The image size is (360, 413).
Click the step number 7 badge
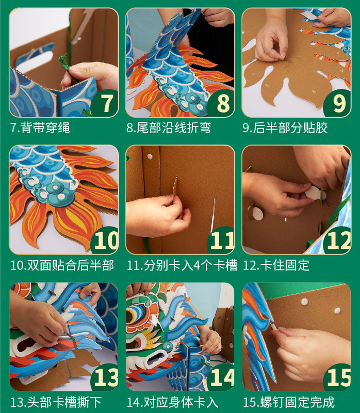[x=105, y=103]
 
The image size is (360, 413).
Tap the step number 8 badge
[x=222, y=103]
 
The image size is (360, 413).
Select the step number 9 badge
[x=338, y=103]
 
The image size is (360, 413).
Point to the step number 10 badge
[x=105, y=240]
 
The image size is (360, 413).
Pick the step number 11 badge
[x=222, y=240]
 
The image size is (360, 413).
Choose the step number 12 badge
[x=338, y=240]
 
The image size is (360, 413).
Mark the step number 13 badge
[x=105, y=377]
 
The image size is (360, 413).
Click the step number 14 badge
[x=222, y=377]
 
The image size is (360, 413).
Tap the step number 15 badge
[x=338, y=377]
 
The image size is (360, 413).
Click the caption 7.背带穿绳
[x=40, y=128]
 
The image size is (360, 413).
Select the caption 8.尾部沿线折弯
[x=169, y=128]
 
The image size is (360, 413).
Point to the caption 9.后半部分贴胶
[x=285, y=128]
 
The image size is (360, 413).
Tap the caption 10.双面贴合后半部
[x=62, y=265]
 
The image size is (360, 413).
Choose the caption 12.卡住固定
[x=276, y=265]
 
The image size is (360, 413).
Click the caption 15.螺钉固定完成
[x=288, y=402]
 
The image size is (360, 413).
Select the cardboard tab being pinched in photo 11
[x=175, y=186]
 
